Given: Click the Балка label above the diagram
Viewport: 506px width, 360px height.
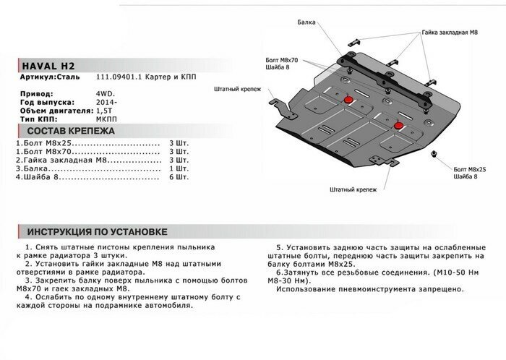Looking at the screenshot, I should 306,23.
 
